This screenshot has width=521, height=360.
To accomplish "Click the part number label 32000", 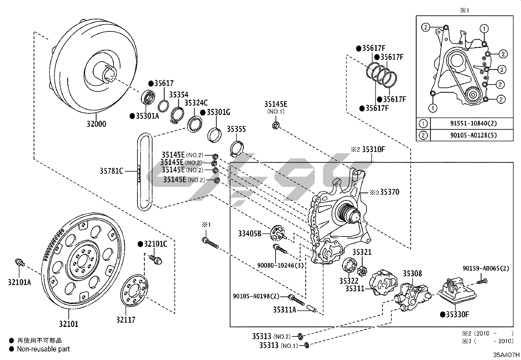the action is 96,124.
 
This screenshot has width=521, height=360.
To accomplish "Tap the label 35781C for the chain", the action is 111,171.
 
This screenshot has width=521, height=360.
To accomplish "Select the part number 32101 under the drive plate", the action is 69,324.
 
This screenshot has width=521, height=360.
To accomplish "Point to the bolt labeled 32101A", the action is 20,263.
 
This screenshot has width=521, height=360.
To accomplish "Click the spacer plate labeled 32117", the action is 134,290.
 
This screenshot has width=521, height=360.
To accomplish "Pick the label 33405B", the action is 250,234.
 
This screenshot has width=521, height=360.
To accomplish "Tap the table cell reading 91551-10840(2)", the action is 474,123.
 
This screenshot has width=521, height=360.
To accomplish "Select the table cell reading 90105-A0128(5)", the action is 474,135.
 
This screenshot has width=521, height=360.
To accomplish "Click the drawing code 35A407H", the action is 506,355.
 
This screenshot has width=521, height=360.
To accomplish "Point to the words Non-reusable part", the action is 44,349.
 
